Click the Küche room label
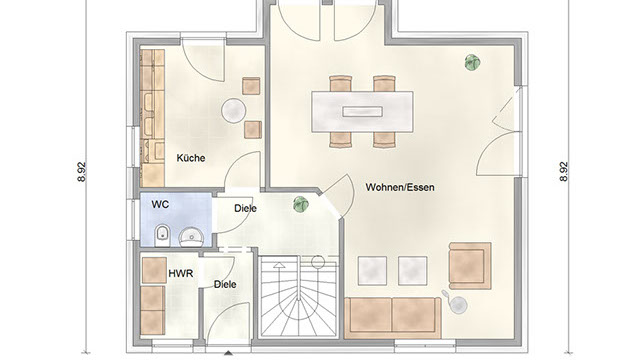(x=191, y=158)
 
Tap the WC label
(x=160, y=204)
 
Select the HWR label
(x=180, y=273)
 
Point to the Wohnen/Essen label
(x=400, y=187)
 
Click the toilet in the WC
(x=162, y=235)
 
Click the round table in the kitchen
(x=234, y=110)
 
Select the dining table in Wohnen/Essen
(x=362, y=112)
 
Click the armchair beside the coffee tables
(x=470, y=266)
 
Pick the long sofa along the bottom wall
(x=393, y=318)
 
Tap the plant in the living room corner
(x=472, y=62)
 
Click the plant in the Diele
(x=301, y=204)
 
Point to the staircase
(x=299, y=296)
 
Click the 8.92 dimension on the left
(x=82, y=172)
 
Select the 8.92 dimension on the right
(x=564, y=172)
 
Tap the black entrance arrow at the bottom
(x=228, y=353)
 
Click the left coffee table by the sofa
(x=372, y=271)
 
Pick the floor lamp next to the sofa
(x=456, y=303)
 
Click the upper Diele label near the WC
(x=245, y=208)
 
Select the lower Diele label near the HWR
(x=225, y=284)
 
